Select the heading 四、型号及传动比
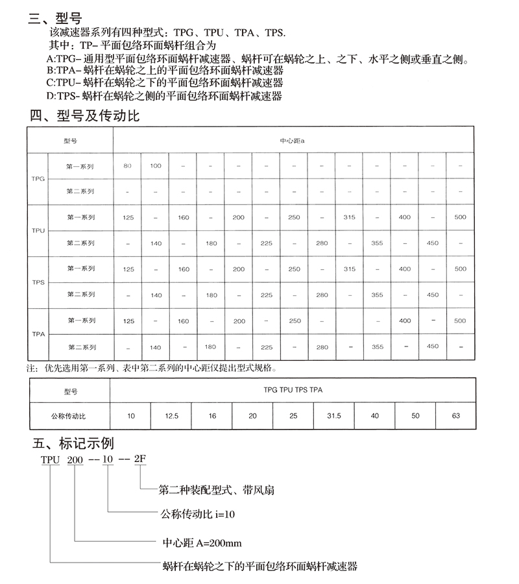85,116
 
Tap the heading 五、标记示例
73,444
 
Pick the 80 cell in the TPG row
127,166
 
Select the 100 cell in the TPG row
156,166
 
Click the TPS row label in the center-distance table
38,282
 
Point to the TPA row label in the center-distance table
38,334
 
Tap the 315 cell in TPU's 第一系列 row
349,217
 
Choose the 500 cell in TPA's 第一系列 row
460,321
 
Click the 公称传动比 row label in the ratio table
68,415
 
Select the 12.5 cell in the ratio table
171,415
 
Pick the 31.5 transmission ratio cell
333,415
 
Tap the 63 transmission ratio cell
455,415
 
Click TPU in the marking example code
50,459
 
